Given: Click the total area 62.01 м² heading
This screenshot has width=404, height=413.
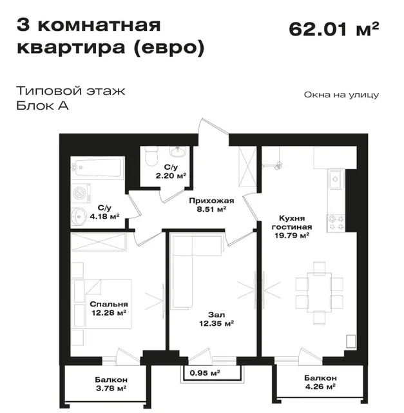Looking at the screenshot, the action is tap(334, 29).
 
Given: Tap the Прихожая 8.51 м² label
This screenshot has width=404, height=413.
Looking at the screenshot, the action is tap(211, 205).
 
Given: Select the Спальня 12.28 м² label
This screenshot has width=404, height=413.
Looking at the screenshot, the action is tap(109, 308).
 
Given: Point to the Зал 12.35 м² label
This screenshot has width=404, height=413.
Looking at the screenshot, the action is tap(216, 319).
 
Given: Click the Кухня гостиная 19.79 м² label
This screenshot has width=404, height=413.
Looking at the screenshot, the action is tap(292, 227).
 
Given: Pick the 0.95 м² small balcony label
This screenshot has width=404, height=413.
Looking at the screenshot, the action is tap(205, 373).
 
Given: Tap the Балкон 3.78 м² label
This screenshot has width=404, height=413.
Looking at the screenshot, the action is tap(111, 384).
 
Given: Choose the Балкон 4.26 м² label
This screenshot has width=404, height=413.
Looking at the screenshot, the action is tap(320, 382).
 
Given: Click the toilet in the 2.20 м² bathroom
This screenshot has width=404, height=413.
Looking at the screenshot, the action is tap(151, 156).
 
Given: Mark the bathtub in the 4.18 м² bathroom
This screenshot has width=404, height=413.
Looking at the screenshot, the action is tap(97, 168).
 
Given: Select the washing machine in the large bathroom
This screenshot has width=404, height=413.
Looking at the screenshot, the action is tap(81, 194).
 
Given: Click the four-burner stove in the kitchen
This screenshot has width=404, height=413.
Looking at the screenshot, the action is tap(336, 223).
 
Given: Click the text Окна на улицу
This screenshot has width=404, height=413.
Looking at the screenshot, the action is tap(341, 95).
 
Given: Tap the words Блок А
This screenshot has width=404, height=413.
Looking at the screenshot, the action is tap(43, 106).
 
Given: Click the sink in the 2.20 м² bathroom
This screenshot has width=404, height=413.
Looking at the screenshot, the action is tap(178, 152).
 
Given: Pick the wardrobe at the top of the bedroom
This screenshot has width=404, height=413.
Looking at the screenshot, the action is tap(99, 241).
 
